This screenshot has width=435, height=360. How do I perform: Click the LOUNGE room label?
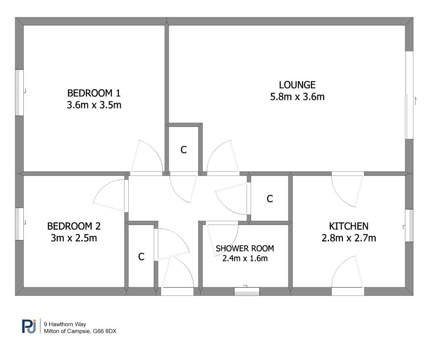pos(297,85)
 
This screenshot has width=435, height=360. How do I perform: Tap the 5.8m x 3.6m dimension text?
pos(297,97)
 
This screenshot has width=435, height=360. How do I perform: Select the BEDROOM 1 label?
pos(94,93)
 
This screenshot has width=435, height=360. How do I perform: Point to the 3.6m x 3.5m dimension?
pos(94,105)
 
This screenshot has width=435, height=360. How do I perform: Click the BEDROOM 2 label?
pos(74,226)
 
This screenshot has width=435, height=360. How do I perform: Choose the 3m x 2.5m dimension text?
pos(74,238)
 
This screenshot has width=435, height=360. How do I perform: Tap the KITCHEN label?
pos(348,226)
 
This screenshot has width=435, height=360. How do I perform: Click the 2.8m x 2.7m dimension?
pos(348,238)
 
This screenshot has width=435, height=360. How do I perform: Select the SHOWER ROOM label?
pos(245,248)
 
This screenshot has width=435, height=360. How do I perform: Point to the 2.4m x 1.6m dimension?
pos(245,258)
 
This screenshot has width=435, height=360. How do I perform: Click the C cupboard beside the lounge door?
pos(184,150)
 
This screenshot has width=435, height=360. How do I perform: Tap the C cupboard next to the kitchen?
pos(269,199)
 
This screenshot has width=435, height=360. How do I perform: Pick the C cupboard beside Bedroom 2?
pos(141,257)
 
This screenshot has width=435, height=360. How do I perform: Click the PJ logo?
pos(29,326)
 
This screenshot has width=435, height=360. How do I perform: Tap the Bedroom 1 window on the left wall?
pos(20,93)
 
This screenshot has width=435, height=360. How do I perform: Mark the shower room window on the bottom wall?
pos(247,291)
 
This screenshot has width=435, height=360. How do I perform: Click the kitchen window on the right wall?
pos(409,225)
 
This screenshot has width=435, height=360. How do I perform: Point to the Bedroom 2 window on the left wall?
pos(20,224)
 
